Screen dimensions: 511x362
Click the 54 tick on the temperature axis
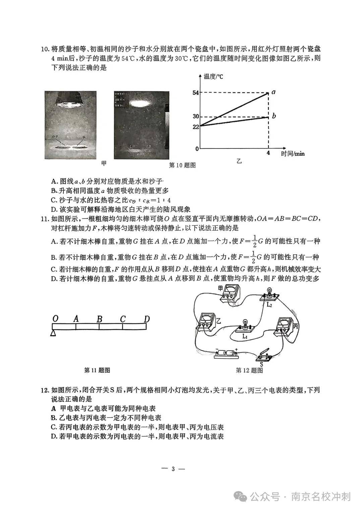click(x=195, y=92)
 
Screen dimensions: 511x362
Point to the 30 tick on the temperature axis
click(x=195, y=117)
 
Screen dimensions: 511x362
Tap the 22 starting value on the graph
click(x=195, y=126)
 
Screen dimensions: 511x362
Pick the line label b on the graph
click(x=274, y=116)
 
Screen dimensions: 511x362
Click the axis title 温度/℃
click(x=213, y=76)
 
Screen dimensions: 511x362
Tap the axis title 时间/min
click(x=293, y=153)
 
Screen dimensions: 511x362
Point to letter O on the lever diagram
click(x=55, y=319)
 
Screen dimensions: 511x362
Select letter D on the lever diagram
click(x=146, y=319)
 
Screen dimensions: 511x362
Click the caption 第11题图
click(x=97, y=370)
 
